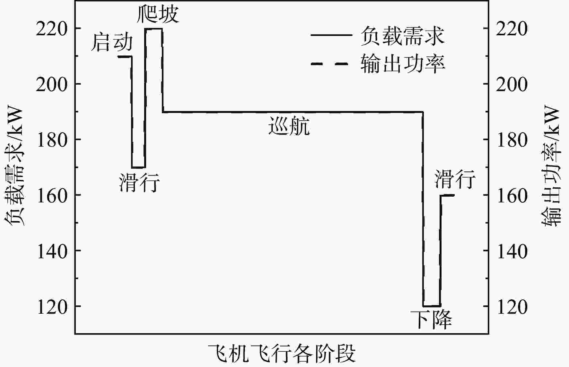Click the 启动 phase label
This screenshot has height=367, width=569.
click(x=111, y=43)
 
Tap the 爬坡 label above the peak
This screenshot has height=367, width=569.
click(x=158, y=14)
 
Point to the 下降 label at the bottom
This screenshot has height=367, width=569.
click(x=431, y=319)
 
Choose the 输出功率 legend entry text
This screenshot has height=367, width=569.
click(x=403, y=63)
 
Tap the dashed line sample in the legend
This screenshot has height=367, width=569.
click(x=329, y=64)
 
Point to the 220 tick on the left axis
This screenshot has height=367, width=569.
click(x=52, y=29)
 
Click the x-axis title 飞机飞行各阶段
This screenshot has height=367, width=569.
click(x=282, y=354)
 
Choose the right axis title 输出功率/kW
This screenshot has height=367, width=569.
click(x=551, y=166)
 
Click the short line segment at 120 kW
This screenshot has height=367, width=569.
click(x=432, y=306)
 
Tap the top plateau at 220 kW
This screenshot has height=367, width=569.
click(x=153, y=29)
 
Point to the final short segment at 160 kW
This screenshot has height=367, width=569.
click(x=447, y=195)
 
